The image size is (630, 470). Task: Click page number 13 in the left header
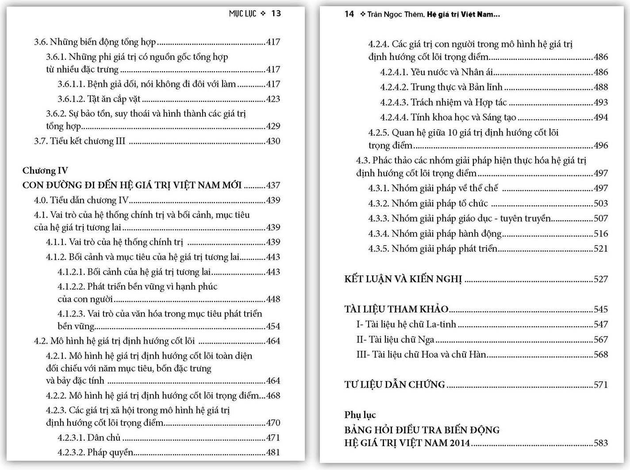[276, 13]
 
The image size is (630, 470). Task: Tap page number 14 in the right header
[349, 14]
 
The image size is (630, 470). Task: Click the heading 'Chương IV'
[45, 170]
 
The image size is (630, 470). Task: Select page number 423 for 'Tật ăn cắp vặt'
[273, 99]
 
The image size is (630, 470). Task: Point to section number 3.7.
[41, 141]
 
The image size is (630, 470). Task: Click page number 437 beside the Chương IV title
[273, 185]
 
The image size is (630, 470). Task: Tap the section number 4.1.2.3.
[71, 314]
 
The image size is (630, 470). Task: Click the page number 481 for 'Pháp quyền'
[273, 452]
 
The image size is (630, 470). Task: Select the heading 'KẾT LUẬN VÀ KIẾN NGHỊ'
[403, 279]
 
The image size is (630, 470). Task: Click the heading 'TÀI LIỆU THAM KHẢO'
[396, 309]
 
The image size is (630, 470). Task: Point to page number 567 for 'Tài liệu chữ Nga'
[600, 339]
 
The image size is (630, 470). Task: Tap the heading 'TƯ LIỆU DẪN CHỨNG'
[395, 385]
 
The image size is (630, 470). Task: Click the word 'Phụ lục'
[360, 415]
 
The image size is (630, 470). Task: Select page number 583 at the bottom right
[600, 443]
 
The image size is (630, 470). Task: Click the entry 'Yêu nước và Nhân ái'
[451, 72]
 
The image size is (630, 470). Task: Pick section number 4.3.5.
[378, 249]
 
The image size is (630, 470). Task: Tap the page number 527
[600, 279]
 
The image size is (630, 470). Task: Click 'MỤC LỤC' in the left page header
[242, 13]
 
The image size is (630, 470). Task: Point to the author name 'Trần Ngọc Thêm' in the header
[396, 14]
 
